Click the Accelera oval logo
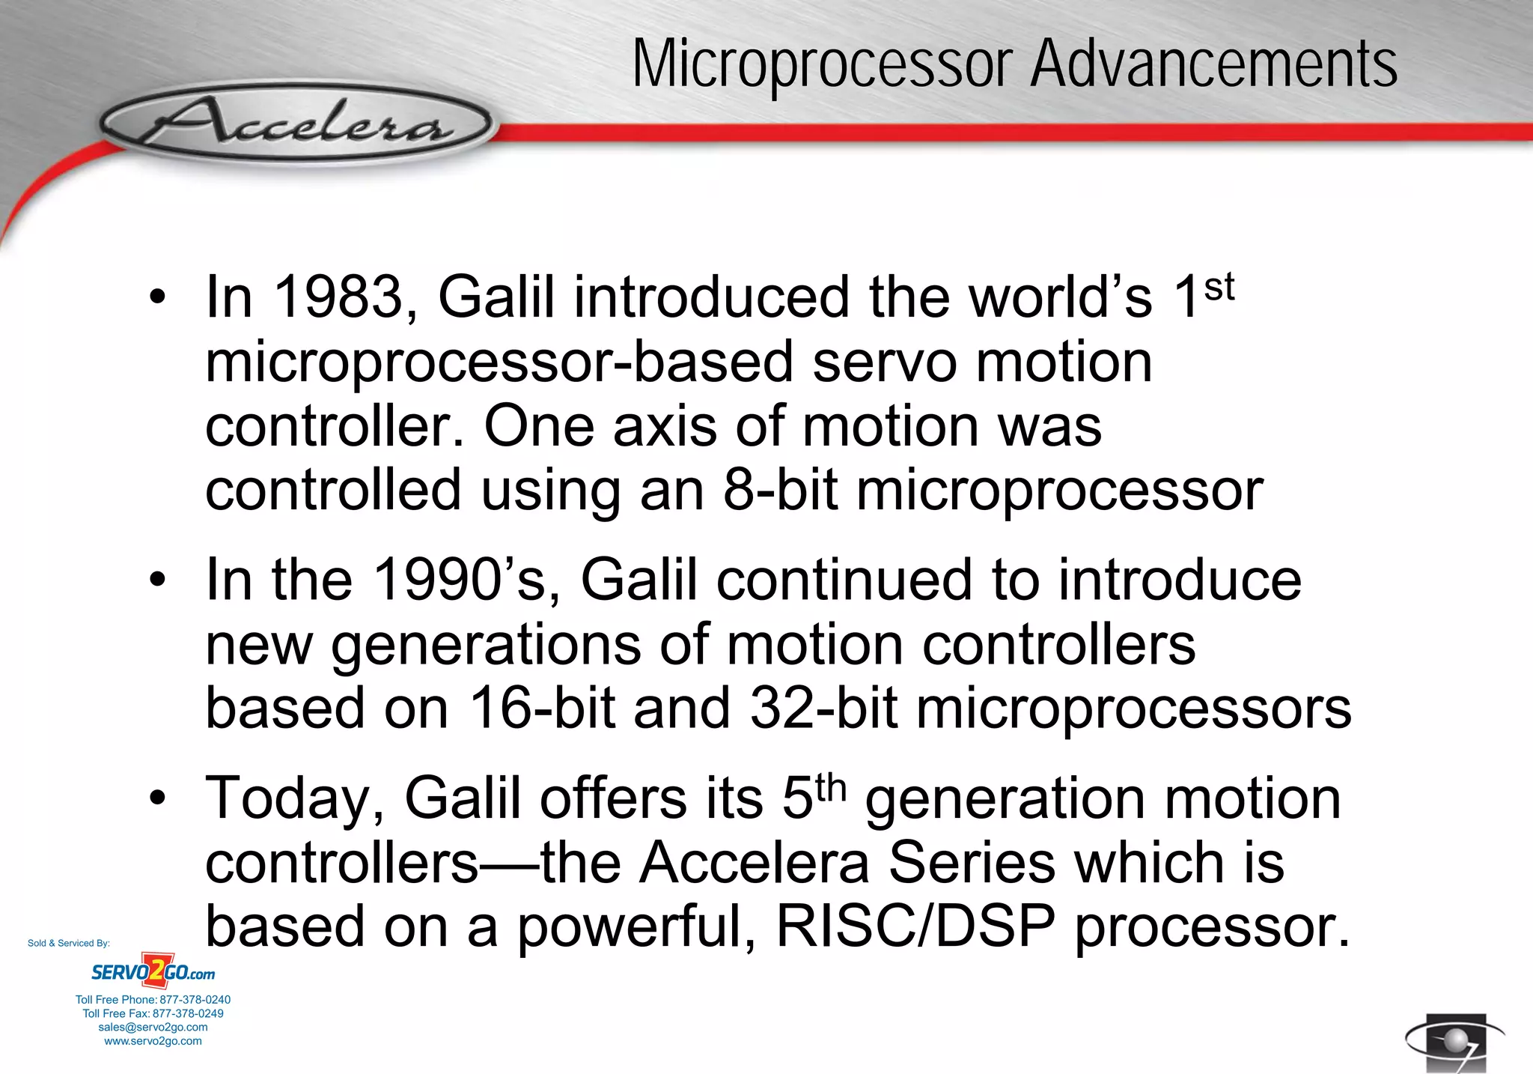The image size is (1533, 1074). coord(296,124)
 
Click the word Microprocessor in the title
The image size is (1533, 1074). coord(823,65)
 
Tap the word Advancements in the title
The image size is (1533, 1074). coord(1213,65)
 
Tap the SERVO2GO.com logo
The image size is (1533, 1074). coord(153,972)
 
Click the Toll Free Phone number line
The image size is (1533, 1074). coord(153,1000)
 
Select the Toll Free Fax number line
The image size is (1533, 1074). coord(153,1013)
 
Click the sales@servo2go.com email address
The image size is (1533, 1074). coord(153,1028)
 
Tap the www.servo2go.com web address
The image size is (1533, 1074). coord(153,1041)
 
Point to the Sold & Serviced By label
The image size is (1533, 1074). coord(69,943)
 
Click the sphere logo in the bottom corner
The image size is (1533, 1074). coord(1454,1042)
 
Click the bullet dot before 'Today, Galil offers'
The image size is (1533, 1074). coord(156,799)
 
